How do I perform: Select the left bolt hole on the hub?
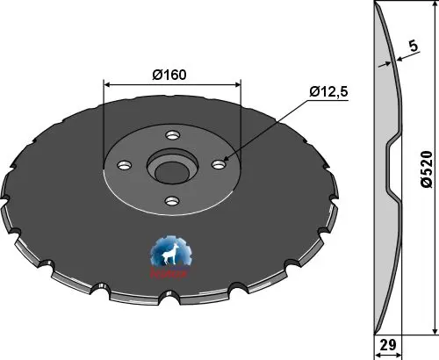pos(124,163)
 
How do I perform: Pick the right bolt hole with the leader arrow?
pos(220,161)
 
